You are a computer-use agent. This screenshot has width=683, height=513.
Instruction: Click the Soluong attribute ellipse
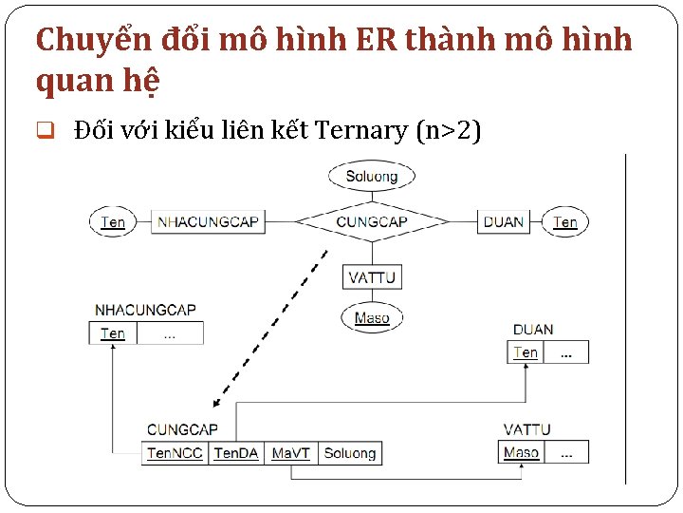372,176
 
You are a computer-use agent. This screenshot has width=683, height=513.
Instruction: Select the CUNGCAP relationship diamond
372,222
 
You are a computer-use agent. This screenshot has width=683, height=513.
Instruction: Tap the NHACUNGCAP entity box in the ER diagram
208,222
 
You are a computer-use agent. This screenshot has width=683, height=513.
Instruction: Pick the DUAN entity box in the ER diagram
503,222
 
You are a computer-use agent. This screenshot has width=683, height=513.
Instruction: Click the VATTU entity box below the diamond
372,277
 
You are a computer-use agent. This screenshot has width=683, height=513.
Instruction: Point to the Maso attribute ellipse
372,318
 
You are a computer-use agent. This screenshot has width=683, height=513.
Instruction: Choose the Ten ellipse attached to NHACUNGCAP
113,222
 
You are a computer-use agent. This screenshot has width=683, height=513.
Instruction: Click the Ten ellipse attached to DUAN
565,222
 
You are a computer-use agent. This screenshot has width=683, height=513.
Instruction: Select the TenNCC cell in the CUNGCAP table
175,453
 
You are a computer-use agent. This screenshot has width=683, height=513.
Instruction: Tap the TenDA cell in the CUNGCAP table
236,453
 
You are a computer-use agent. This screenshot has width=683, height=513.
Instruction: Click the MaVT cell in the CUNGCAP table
290,453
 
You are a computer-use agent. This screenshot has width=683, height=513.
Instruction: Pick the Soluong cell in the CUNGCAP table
350,453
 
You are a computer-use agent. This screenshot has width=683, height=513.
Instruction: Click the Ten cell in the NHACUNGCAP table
113,333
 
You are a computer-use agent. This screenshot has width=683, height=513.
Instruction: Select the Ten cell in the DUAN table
526,352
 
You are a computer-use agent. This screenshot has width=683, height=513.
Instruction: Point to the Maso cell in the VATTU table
521,452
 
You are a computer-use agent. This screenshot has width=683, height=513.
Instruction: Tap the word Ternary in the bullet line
360,130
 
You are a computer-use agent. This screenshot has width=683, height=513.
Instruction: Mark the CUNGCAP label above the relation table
182,430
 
